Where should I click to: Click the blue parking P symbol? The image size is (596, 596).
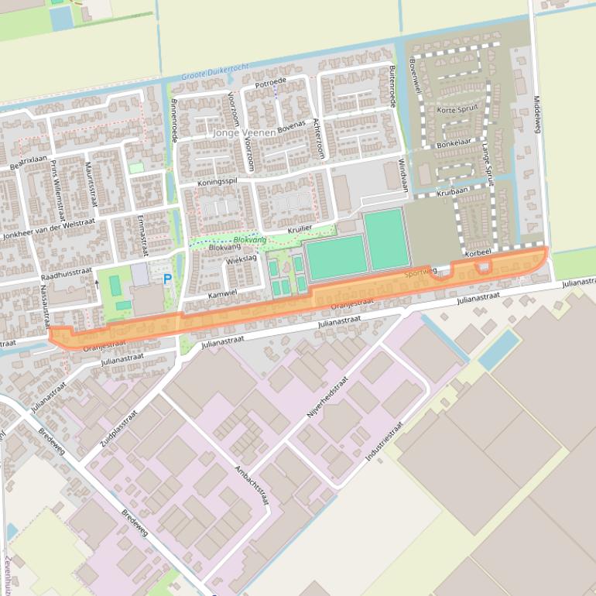(x=166, y=279)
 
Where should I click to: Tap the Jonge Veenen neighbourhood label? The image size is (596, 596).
(x=244, y=133)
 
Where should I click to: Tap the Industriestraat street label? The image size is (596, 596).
(x=385, y=442)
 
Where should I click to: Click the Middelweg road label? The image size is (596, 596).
(x=536, y=115)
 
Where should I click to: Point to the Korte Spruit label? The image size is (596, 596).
(x=456, y=111)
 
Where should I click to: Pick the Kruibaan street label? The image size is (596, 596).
(x=452, y=191)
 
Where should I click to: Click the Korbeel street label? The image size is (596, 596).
(x=478, y=253)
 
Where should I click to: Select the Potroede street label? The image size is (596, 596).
(x=271, y=80)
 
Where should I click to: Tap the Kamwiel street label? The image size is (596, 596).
(x=221, y=295)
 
